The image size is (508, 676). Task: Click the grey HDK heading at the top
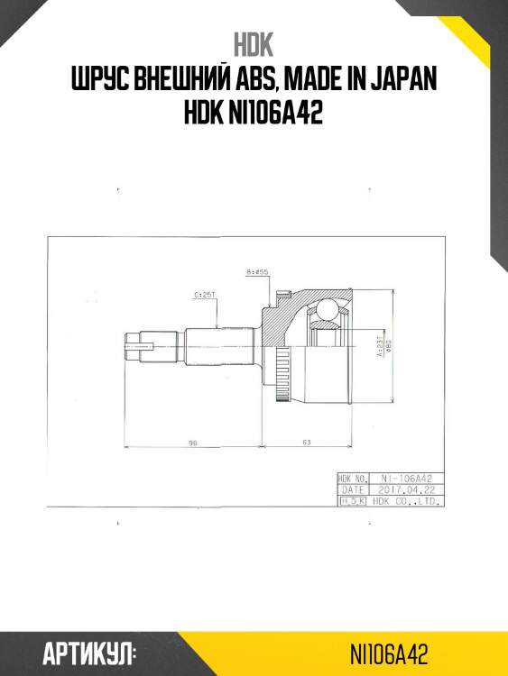[x=254, y=45]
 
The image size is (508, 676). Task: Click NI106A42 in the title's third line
[x=278, y=114]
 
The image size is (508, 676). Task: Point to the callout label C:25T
[x=204, y=295]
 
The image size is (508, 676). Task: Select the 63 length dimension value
[x=306, y=442]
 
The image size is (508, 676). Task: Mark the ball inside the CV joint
[x=326, y=313]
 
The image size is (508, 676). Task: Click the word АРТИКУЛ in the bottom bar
[x=89, y=653]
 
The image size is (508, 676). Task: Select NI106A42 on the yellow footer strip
[x=389, y=653]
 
